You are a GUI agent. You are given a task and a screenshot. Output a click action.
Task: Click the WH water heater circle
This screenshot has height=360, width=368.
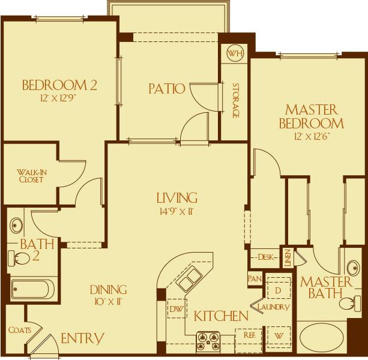pyautogui.click(x=234, y=53)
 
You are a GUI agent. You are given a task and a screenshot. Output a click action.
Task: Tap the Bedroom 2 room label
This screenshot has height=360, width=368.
pyautogui.click(x=59, y=85)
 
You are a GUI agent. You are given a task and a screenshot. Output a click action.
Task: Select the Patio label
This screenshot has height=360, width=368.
pyautogui.click(x=166, y=89)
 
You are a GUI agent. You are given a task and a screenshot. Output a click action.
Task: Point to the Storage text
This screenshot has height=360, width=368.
pyautogui.click(x=235, y=100)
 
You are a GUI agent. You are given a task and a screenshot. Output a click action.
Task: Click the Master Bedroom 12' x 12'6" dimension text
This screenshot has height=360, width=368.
pyautogui.click(x=312, y=137)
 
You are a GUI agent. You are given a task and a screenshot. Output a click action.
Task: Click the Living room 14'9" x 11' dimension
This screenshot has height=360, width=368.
pyautogui.click(x=177, y=211)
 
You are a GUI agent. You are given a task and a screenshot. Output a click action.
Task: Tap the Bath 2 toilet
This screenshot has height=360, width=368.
pyautogui.click(x=20, y=259)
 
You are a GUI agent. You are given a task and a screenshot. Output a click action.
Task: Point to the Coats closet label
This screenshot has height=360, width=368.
pyautogui.click(x=20, y=329)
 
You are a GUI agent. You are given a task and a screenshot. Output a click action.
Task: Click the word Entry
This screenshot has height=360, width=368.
pyautogui.click(x=82, y=339)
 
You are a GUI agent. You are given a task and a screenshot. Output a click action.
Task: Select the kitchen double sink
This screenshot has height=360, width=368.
pyautogui.click(x=190, y=280)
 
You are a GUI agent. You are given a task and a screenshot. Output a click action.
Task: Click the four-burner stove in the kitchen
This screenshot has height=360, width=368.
pyautogui.click(x=208, y=342)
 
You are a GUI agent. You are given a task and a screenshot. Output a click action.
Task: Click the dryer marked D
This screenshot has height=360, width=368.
pyautogui.click(x=278, y=290)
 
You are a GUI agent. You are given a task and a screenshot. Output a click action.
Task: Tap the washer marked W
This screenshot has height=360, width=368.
pyautogui.click(x=278, y=335)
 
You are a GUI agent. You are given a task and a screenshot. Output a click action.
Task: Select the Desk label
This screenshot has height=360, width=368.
pyautogui.click(x=265, y=257)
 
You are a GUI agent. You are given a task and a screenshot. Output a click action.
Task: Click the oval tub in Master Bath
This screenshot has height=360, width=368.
pyautogui.click(x=322, y=337)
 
